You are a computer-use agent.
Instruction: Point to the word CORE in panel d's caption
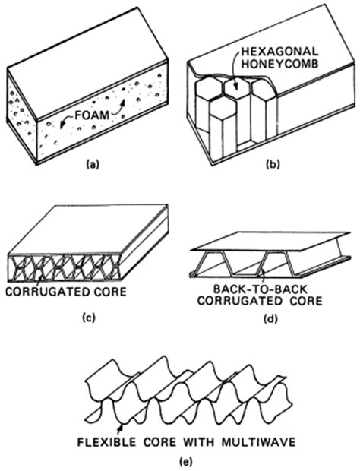tap(300, 301)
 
